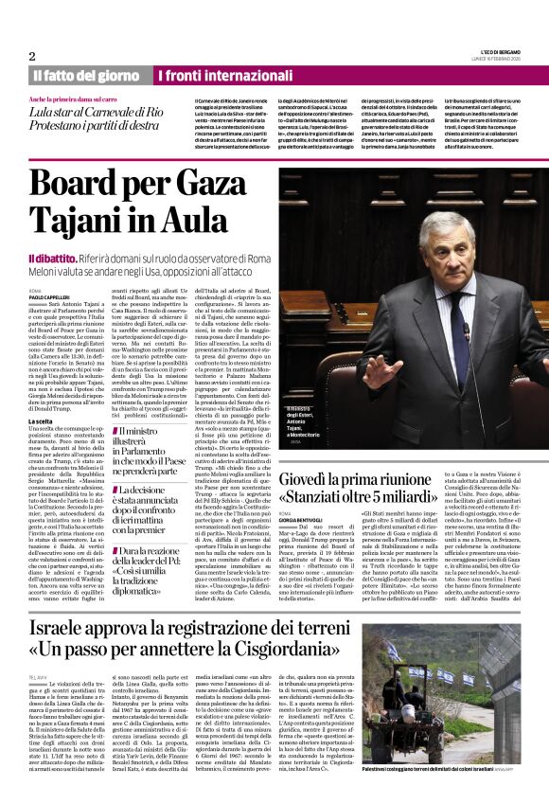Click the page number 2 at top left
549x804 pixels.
click(x=32, y=56)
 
